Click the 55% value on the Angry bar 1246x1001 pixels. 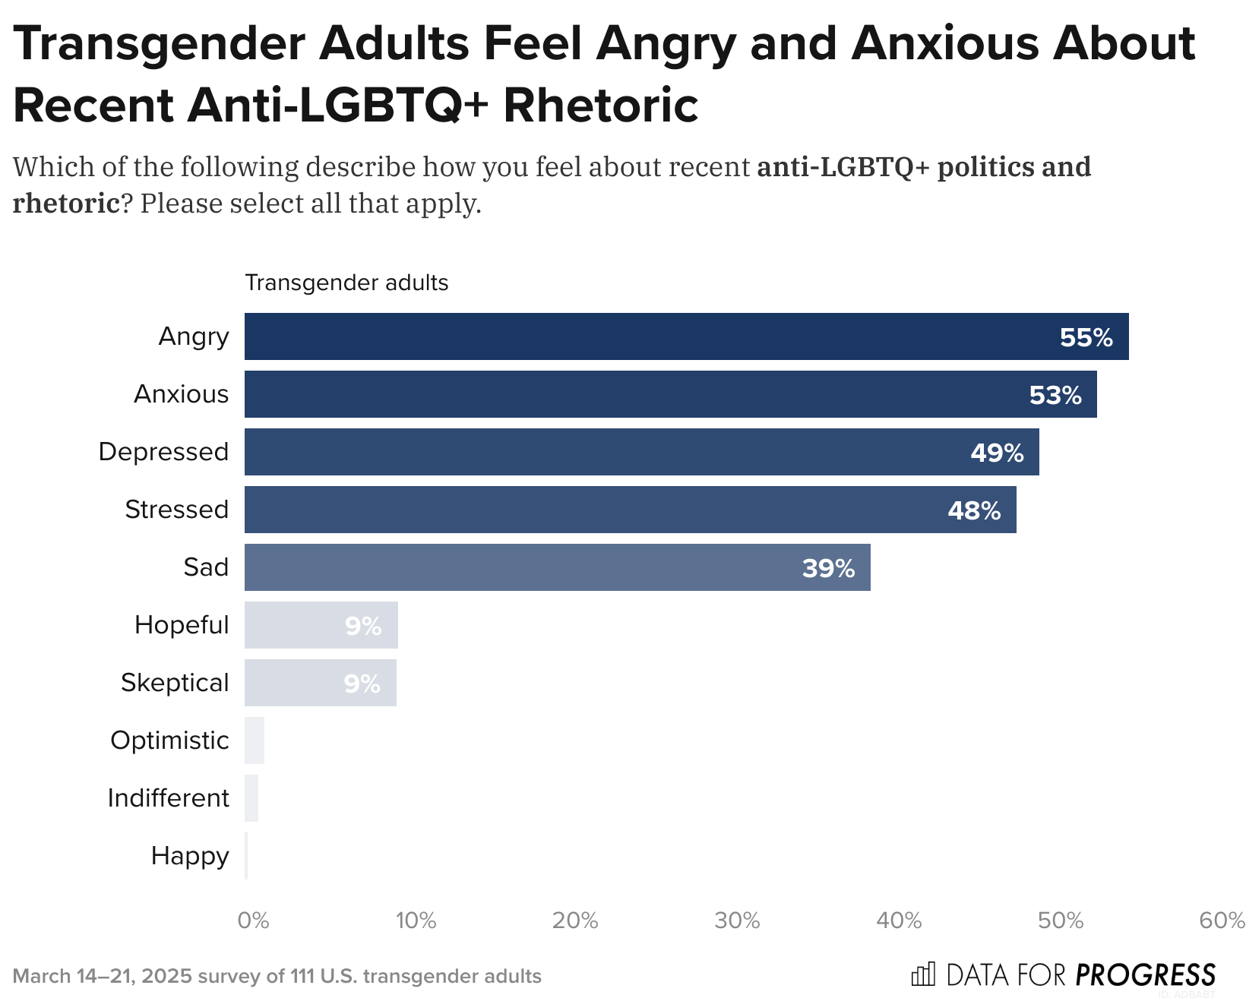point(1086,337)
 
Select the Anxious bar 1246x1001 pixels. point(669,394)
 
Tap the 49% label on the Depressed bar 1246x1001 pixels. point(997,453)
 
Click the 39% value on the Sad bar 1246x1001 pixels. point(828,568)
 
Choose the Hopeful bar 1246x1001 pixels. point(321,625)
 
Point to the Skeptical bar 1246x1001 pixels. point(320,683)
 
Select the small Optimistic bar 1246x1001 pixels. point(255,740)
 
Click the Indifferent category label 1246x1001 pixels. point(168,798)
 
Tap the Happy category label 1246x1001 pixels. point(190,856)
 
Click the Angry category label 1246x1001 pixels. point(194,336)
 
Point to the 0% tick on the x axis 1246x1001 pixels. point(254,920)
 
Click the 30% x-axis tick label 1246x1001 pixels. point(737,920)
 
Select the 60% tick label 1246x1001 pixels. point(1222,920)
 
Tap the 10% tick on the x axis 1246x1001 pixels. point(416,920)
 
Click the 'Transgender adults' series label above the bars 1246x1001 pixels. point(346,283)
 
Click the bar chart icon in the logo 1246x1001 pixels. point(923,974)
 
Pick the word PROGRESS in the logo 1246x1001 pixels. point(1146,974)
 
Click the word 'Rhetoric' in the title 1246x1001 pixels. point(600,105)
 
